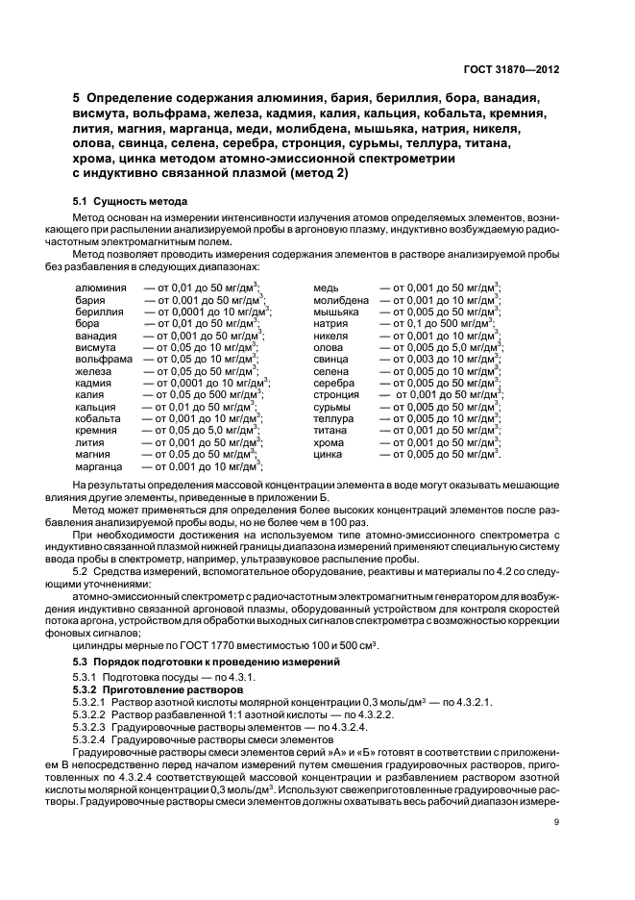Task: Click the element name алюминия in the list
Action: pyautogui.click(x=100, y=287)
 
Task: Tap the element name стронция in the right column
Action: pyautogui.click(x=336, y=394)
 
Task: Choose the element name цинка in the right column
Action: pyautogui.click(x=329, y=454)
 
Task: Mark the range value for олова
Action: pyautogui.click(x=441, y=347)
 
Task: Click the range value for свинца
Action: pyautogui.click(x=441, y=359)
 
